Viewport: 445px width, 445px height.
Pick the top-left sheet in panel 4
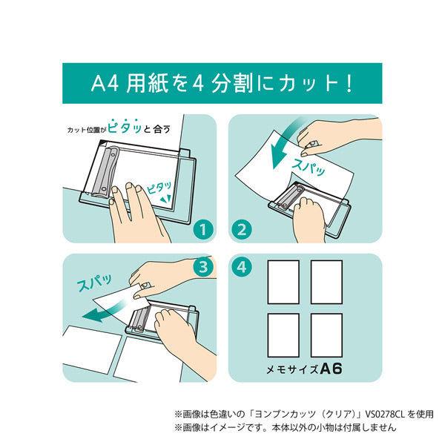tap(283, 282)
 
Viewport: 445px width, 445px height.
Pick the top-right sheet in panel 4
tap(326, 282)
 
